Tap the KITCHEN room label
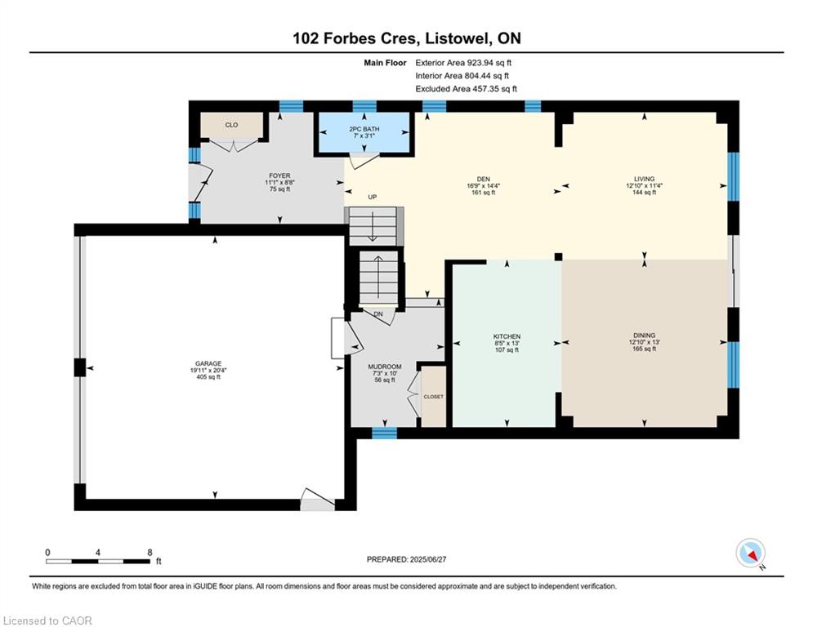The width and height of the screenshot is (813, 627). [x=507, y=336]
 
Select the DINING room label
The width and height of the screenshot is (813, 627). [x=644, y=335]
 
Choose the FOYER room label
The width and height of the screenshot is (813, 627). [x=279, y=175]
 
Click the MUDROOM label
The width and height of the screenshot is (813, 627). [x=385, y=367]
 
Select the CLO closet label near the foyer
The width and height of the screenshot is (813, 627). [x=231, y=125]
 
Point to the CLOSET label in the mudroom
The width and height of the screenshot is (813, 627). [x=433, y=396]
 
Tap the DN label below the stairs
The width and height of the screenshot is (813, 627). [x=377, y=314]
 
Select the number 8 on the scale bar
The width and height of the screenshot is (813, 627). [x=150, y=552]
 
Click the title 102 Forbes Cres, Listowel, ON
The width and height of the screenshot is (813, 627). [x=406, y=38]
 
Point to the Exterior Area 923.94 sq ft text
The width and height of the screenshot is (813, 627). [x=463, y=62]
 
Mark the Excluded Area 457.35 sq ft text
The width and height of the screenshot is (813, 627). [x=466, y=89]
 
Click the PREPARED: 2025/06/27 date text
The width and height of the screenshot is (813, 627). [x=406, y=559]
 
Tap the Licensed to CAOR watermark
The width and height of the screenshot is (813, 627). [x=48, y=620]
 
